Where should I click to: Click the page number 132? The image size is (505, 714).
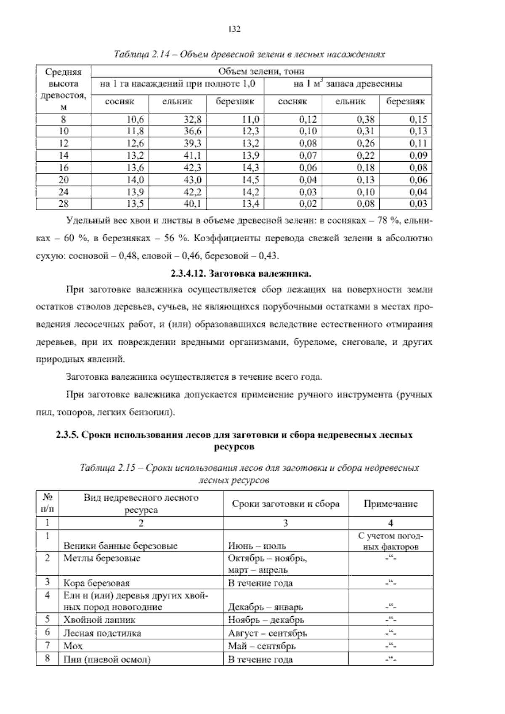point(234,29)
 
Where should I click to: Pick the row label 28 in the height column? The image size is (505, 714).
point(64,204)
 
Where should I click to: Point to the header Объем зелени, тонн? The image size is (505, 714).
point(261,71)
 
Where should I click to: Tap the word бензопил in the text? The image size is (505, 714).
point(151,412)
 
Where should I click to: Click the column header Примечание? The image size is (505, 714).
point(390,504)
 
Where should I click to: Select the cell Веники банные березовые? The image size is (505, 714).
point(120,546)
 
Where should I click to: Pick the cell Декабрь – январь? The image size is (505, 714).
point(265,607)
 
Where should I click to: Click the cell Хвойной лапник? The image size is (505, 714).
point(99,620)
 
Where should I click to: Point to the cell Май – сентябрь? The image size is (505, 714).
point(261,646)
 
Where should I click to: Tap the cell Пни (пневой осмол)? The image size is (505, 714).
point(107,659)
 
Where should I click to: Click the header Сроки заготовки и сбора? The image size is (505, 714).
point(285,504)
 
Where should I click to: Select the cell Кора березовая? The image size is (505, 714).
point(96,583)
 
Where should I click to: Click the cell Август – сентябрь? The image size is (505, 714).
point(267,633)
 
